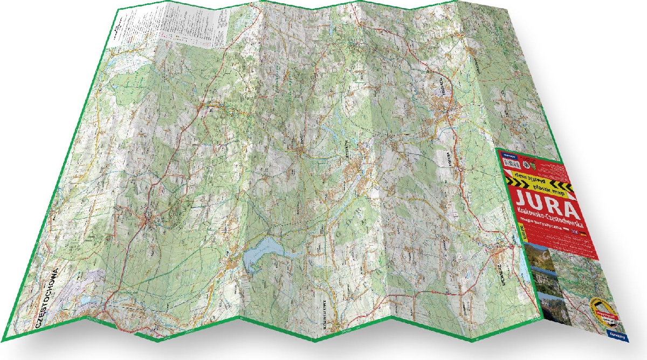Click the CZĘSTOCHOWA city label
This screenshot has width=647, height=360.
[x=46, y=295]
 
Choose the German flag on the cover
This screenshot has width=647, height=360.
[x=583, y=234]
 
